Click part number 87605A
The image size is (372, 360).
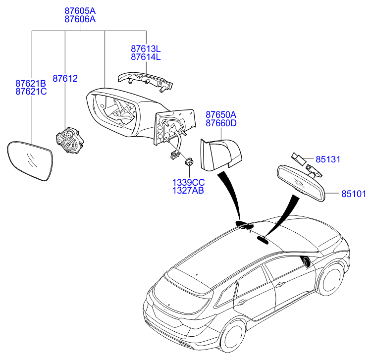(80, 10)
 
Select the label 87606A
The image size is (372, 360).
(80, 19)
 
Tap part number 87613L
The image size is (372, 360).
(146, 49)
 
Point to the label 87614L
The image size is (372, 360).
(146, 57)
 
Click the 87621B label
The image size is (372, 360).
(31, 84)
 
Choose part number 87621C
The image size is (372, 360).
(31, 92)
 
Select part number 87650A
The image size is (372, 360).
(221, 114)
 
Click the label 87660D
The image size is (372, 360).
(221, 123)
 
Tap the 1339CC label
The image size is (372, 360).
(188, 182)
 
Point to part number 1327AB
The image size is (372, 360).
(188, 190)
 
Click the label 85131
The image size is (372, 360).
(329, 160)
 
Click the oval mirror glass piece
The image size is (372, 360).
(31, 161)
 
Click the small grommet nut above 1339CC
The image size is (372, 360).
(188, 162)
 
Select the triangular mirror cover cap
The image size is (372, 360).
(220, 153)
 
